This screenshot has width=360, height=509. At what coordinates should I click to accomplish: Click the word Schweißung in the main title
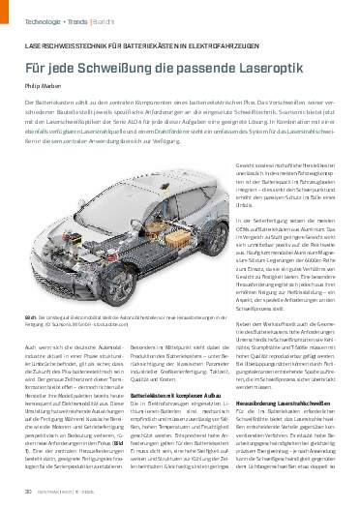click(144, 72)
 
